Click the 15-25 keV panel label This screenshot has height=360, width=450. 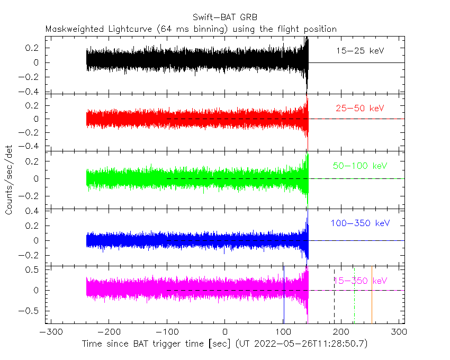tap(360, 51)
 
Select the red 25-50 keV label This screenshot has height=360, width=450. tap(360, 108)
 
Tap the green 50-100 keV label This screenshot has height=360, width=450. tap(360, 166)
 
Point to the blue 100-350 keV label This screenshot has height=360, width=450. tap(360, 223)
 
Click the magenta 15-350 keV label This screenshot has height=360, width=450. tap(361, 281)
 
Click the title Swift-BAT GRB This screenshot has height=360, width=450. tap(225, 17)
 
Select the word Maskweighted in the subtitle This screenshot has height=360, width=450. tap(75, 29)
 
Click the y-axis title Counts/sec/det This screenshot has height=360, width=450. tap(9, 180)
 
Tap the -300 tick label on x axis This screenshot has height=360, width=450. tap(51, 332)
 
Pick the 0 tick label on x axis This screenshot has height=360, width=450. tap(225, 332)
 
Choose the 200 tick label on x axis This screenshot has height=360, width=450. tap(341, 332)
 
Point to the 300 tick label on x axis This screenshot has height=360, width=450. tap(399, 332)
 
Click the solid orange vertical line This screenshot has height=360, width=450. tap(372, 295)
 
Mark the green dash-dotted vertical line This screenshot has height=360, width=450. tap(354, 295)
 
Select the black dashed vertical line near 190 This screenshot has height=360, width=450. tap(335, 295)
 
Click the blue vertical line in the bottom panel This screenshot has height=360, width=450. tap(284, 295)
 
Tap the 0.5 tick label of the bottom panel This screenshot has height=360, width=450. tap(32, 270)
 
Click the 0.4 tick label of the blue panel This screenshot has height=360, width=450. tap(32, 211)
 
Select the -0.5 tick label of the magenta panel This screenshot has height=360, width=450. tap(29, 311)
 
